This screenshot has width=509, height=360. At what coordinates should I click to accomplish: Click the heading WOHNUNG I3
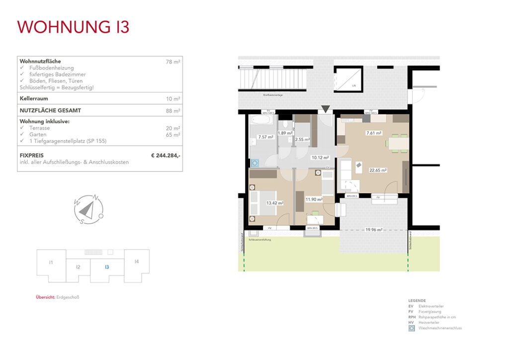74,27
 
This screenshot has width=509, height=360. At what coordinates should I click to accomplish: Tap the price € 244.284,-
166,156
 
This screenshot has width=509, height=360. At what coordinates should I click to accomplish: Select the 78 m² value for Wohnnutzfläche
173,62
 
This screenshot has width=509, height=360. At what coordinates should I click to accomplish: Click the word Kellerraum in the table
34,98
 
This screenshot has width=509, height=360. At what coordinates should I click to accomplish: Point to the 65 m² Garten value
173,134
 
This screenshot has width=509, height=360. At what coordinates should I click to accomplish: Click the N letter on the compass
96,198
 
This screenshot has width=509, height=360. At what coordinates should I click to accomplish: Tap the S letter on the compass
81,222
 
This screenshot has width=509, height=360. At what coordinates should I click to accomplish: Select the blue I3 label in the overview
106,267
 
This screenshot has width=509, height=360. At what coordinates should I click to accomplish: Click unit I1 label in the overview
51,262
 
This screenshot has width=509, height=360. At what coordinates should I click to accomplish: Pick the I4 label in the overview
136,262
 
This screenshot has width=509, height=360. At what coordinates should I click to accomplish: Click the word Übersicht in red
45,297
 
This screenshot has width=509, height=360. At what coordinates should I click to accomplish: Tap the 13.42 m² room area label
274,203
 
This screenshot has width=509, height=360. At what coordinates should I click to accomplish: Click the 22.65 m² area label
378,170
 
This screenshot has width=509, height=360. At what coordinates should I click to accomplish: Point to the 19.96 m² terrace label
373,230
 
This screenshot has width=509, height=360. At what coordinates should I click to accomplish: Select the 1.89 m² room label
285,133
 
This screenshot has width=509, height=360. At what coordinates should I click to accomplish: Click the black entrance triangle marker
325,109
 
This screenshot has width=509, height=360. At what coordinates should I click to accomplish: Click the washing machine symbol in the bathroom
255,162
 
